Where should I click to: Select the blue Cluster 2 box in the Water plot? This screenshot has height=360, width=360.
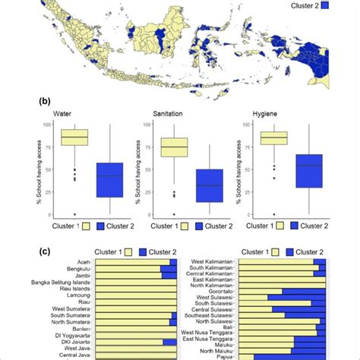109,179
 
